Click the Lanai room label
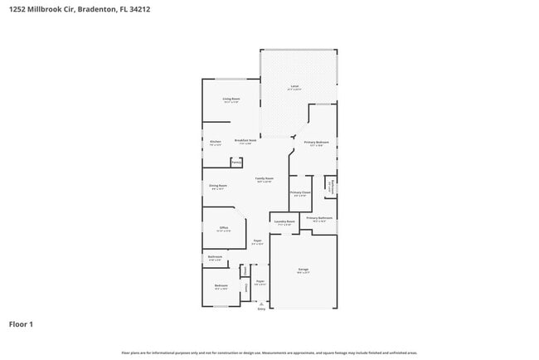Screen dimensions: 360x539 click(294, 87)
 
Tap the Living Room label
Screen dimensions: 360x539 click(231, 100)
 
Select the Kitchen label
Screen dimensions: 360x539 click(216, 142)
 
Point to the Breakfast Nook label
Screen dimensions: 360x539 click(245, 141)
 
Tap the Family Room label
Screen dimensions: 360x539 click(265, 179)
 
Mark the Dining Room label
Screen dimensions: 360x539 click(218, 187)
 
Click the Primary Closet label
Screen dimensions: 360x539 click(300, 193)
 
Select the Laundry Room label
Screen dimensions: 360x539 click(285, 222)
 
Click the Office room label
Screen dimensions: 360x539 click(223, 229)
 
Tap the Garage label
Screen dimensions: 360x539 click(303, 270)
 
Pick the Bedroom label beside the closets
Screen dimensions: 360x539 click(221, 287)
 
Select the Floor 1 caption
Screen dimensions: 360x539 click(21, 324)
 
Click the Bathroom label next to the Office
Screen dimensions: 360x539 click(215, 258)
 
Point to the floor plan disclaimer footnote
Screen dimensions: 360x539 click(269, 353)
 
